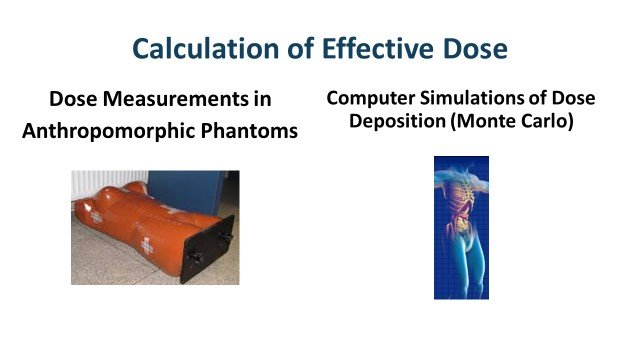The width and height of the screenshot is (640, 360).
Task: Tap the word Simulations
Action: coord(477,98)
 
